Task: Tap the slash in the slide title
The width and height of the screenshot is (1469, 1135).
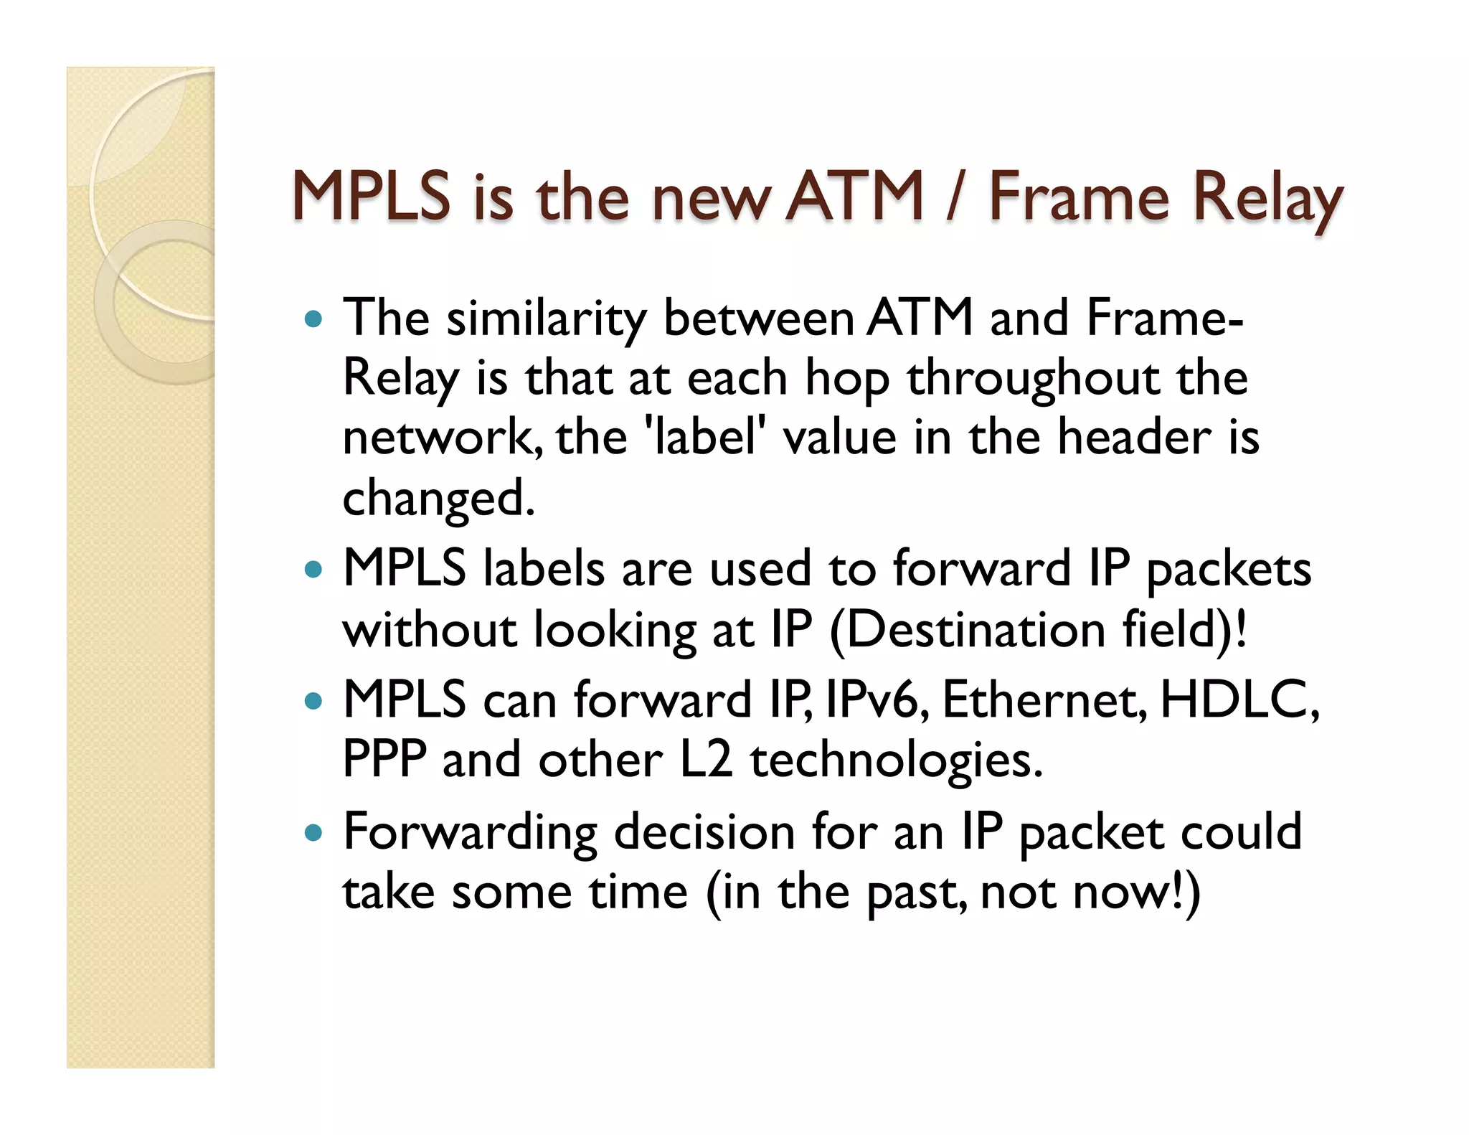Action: (x=954, y=197)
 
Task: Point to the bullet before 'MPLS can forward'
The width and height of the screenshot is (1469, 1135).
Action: (x=313, y=700)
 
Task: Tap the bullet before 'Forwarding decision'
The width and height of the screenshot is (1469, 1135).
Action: (x=313, y=833)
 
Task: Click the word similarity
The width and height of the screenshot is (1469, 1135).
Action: (x=546, y=319)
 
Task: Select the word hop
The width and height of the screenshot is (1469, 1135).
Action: (x=846, y=379)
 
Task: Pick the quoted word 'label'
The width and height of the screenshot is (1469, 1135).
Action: (x=703, y=438)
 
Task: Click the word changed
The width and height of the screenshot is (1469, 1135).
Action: (x=438, y=499)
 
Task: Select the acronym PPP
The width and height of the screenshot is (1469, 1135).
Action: (x=384, y=760)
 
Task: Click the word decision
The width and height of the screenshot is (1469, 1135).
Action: (x=704, y=833)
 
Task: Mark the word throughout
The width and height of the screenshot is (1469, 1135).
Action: (x=1033, y=379)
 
